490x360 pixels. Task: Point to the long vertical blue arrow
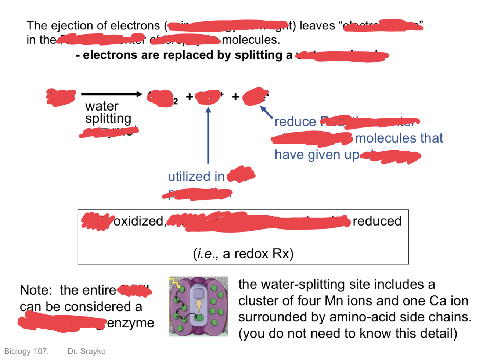[x=208, y=136]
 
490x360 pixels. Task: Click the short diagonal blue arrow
[x=267, y=112]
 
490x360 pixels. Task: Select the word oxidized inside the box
[x=138, y=221]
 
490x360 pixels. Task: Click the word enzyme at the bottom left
[x=130, y=323]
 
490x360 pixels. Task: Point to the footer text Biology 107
[x=26, y=352]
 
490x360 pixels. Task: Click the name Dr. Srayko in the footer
[x=86, y=352]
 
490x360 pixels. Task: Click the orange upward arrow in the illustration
[x=199, y=306]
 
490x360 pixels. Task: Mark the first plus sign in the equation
[x=189, y=97]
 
